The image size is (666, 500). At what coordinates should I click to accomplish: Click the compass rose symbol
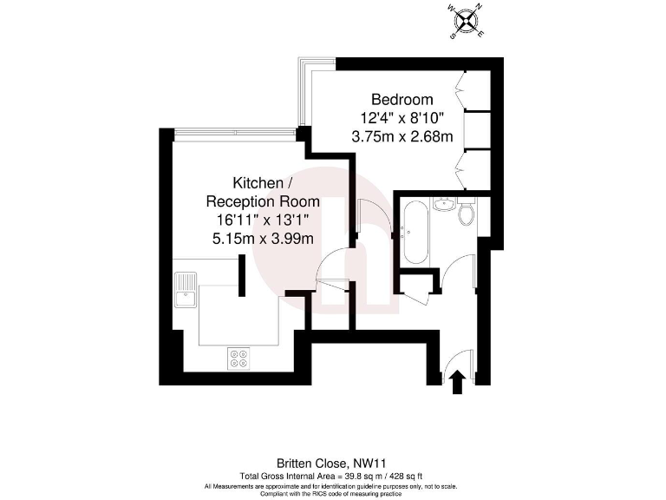(x=467, y=23)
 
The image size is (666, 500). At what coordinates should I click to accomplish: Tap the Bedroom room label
(x=402, y=100)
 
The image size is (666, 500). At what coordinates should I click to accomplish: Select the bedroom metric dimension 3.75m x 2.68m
(x=402, y=136)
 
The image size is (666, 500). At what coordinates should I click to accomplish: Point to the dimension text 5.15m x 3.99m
(x=263, y=237)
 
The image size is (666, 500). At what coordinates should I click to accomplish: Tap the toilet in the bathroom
(x=467, y=213)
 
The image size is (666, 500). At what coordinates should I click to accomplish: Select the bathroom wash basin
(x=443, y=205)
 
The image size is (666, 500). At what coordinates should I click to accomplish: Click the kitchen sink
(x=186, y=291)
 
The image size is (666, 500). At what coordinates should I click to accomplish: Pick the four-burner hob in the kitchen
(x=238, y=358)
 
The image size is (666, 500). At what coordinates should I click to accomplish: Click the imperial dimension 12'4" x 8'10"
(x=402, y=118)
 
